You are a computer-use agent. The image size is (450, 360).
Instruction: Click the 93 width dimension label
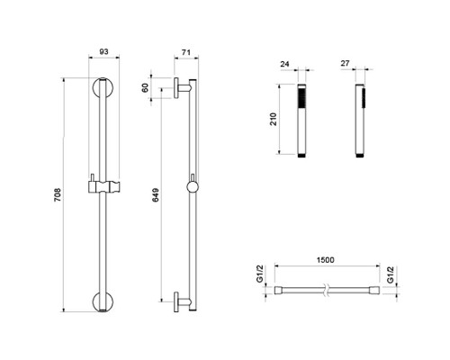[x=103, y=51]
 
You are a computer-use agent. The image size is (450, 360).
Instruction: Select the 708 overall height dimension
[x=58, y=194]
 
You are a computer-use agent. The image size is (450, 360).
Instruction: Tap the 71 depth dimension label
[x=186, y=52]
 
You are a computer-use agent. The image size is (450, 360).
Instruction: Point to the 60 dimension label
[x=145, y=87]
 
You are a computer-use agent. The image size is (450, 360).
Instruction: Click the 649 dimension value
[x=156, y=195]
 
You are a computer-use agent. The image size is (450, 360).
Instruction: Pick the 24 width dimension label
[x=284, y=64]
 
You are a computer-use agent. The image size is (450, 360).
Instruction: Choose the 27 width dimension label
[x=346, y=63]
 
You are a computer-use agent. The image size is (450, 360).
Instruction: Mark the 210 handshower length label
[x=273, y=119]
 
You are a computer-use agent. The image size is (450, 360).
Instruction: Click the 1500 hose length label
[x=325, y=260]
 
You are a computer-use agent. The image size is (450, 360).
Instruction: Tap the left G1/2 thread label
[x=260, y=274]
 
